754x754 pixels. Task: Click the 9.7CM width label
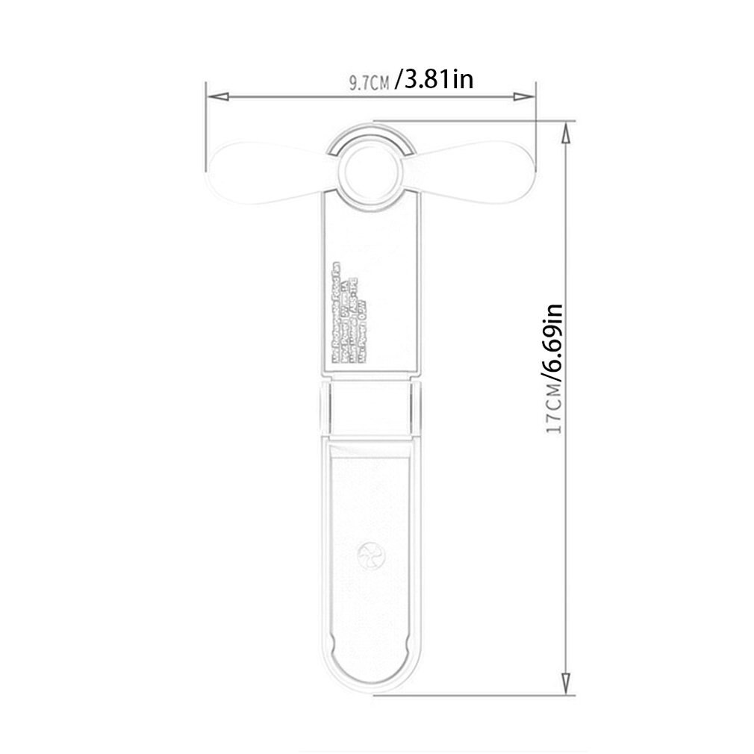pos(369,82)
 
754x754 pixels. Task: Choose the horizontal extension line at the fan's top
pos(478,121)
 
